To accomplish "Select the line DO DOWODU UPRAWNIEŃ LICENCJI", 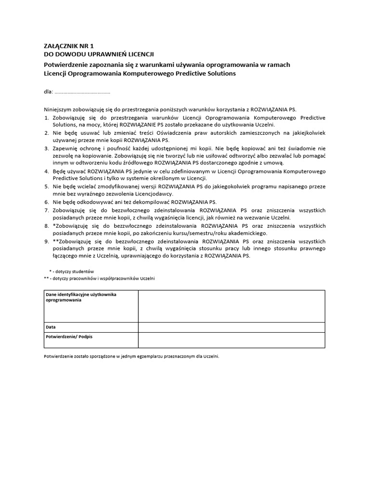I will click(x=99, y=54).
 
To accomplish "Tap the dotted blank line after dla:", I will click(x=82, y=92).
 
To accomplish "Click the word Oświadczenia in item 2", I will click(x=168, y=132).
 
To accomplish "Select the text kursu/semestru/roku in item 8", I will click(x=195, y=233).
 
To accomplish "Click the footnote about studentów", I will click(x=72, y=271).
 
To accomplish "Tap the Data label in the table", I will click(x=51, y=327).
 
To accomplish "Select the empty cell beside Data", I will click(x=231, y=327).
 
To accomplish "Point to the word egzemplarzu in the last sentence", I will click(x=143, y=357).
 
